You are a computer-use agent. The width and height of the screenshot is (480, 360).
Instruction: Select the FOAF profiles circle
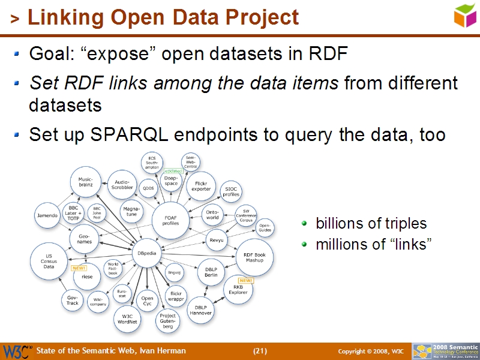(170, 220)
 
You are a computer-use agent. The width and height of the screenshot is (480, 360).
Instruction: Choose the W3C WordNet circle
(127, 319)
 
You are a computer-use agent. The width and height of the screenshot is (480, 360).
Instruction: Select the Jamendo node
(47, 215)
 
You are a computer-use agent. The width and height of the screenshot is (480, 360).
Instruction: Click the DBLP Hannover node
(200, 310)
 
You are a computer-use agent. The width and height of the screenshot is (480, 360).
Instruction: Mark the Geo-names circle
(84, 239)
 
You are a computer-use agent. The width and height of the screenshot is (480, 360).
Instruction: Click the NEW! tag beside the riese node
(78, 268)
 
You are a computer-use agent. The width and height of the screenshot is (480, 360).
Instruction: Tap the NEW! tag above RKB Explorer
(245, 280)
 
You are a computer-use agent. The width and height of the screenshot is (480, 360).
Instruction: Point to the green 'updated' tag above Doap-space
(173, 171)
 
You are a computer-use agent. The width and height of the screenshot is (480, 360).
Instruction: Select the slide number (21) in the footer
(260, 351)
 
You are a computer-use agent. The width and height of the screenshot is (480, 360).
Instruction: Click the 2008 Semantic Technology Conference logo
(445, 351)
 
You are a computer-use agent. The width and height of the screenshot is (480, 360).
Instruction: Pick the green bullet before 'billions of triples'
(304, 224)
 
